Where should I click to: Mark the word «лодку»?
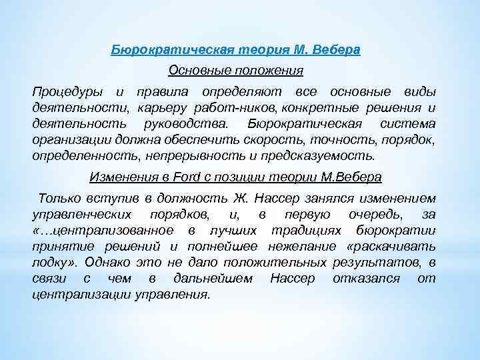coord(51,262)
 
